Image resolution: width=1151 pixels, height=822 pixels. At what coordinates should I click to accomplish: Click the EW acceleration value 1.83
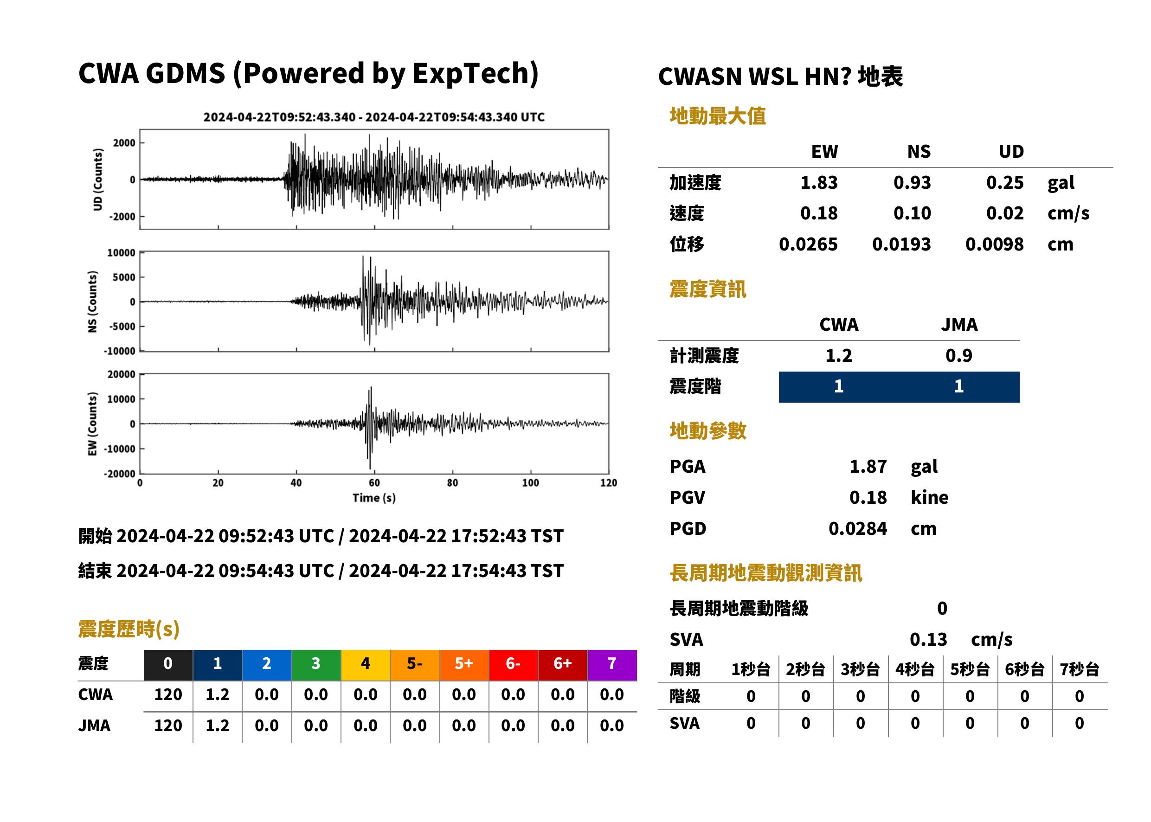point(818,182)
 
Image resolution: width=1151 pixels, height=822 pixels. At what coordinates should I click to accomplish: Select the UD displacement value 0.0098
point(994,244)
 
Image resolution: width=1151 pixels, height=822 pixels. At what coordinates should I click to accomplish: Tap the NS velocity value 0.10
point(912,213)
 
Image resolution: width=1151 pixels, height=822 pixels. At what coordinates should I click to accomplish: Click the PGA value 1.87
point(868,466)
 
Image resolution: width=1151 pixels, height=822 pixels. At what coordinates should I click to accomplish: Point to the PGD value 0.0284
point(857,528)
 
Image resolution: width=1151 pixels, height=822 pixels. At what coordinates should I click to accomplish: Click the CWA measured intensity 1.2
point(839,355)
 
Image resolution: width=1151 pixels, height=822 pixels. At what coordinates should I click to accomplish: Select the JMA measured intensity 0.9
point(958,355)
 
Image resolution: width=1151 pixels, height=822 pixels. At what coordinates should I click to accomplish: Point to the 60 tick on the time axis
point(374,483)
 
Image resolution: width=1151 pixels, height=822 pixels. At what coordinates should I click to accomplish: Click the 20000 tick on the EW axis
point(121,374)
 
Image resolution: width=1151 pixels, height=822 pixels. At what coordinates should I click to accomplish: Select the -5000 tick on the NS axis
point(122,327)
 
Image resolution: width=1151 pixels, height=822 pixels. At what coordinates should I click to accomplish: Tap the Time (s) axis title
point(374,498)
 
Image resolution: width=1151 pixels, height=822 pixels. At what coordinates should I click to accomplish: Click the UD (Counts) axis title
point(98,180)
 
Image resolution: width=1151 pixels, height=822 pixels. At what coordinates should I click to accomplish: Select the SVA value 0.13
point(928,639)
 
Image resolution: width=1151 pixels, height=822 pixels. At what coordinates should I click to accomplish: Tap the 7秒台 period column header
point(1080,670)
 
